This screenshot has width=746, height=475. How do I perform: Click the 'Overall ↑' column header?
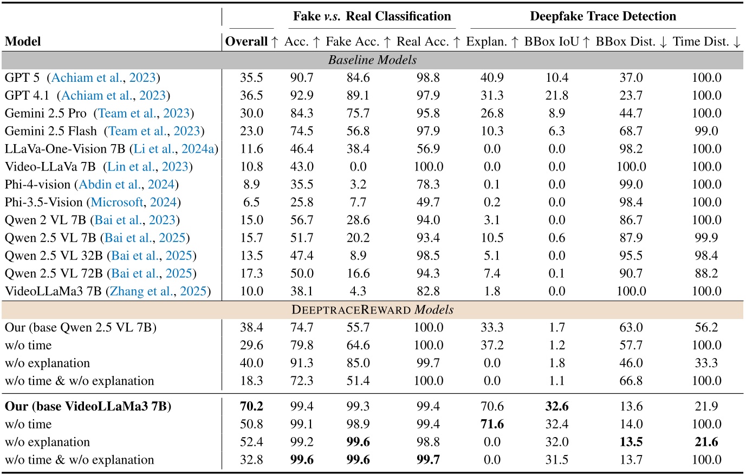click(x=251, y=42)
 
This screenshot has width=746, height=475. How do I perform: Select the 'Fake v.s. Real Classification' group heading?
click(x=372, y=16)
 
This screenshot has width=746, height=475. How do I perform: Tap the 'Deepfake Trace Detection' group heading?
click(x=602, y=16)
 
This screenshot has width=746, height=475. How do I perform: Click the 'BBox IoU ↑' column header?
click(x=557, y=42)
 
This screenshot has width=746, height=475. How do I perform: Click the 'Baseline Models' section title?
click(x=372, y=60)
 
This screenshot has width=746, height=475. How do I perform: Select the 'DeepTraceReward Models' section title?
click(x=372, y=310)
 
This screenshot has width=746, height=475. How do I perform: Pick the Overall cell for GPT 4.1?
click(x=251, y=95)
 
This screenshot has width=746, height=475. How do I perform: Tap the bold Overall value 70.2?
click(x=251, y=406)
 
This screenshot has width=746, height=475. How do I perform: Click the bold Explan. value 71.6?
click(x=492, y=424)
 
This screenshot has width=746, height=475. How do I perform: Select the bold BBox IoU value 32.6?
click(x=557, y=406)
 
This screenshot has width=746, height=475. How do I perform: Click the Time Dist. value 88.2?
click(x=706, y=274)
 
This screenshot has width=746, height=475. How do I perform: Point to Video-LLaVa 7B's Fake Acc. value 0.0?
click(x=358, y=167)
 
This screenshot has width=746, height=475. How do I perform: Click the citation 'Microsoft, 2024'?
click(x=134, y=203)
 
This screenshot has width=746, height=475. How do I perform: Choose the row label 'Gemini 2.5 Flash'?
click(x=51, y=131)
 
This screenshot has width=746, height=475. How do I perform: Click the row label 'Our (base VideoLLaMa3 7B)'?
click(x=88, y=406)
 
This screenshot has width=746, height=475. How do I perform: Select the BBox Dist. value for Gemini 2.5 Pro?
click(x=631, y=113)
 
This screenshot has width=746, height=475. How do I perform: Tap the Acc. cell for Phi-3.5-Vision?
click(x=302, y=203)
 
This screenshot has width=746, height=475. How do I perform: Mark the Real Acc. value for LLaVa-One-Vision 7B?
click(x=428, y=149)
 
